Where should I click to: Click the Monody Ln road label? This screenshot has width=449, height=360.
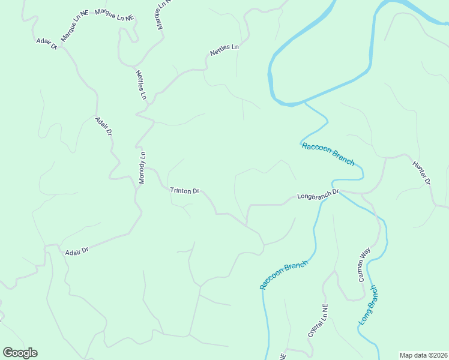click(143, 167)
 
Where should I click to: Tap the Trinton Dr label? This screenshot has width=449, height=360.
click(184, 191)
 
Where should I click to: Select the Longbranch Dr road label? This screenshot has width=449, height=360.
click(318, 194)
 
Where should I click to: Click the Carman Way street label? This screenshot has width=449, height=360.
click(364, 265)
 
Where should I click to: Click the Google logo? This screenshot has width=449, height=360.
click(20, 353)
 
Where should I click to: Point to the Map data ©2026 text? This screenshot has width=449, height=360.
click(424, 355)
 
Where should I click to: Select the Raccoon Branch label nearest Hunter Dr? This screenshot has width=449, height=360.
click(328, 154)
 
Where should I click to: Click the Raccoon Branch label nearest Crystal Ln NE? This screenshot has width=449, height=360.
click(285, 275)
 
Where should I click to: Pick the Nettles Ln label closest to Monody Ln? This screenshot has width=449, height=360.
click(141, 85)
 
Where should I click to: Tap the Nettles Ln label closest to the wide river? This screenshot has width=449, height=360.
click(224, 50)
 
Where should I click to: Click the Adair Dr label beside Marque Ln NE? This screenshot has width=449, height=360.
click(46, 43)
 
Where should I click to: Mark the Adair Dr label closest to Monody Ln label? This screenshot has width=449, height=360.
click(104, 127)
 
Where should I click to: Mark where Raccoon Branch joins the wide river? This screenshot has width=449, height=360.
click(305, 103)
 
